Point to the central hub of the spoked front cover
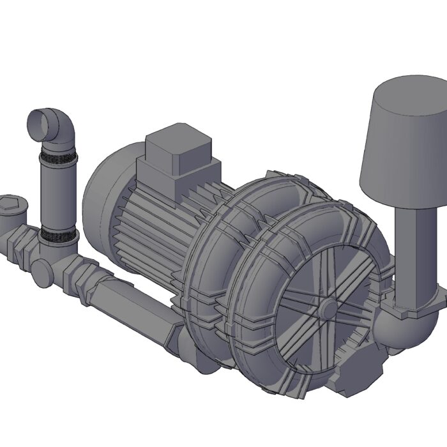click(x=329, y=309)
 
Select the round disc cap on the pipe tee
click(x=43, y=273)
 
